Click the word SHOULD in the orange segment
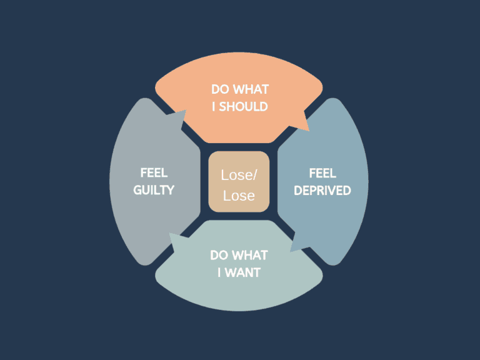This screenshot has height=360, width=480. [x=243, y=106]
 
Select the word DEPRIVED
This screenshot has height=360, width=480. [x=322, y=191]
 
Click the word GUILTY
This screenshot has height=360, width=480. [x=154, y=190]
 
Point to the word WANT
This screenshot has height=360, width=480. [x=242, y=272]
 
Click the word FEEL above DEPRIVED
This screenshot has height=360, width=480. [x=322, y=173]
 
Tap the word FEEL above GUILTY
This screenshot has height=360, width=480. [x=154, y=173]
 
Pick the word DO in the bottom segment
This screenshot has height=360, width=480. [x=218, y=255]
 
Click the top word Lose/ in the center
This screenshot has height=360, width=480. [x=239, y=175]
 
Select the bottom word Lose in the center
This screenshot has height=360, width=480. [x=239, y=196]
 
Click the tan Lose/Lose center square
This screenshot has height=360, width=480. [x=239, y=181]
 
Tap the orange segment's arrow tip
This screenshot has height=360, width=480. [x=309, y=131]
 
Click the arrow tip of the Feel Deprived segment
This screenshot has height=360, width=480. [x=291, y=252]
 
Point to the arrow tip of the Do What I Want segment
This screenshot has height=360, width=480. [x=169, y=234]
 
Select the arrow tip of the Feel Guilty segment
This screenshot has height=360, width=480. [x=186, y=110]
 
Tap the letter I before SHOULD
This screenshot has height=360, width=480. [x=213, y=106]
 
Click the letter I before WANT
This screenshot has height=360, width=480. [x=219, y=272]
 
